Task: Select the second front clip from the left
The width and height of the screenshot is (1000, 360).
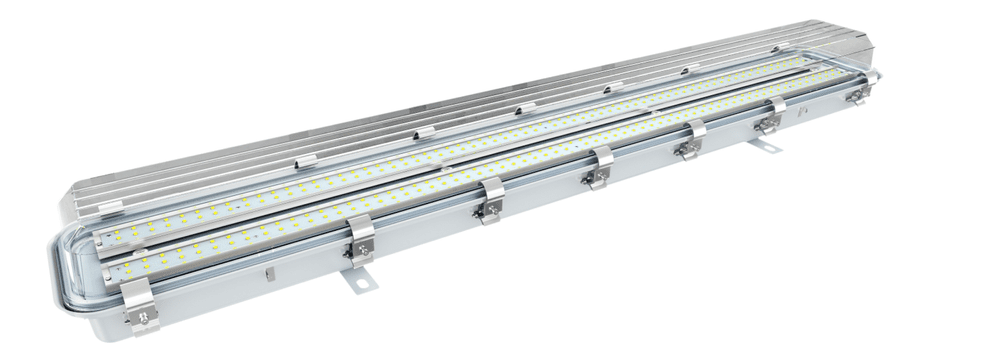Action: pyautogui.click(x=361, y=240)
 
